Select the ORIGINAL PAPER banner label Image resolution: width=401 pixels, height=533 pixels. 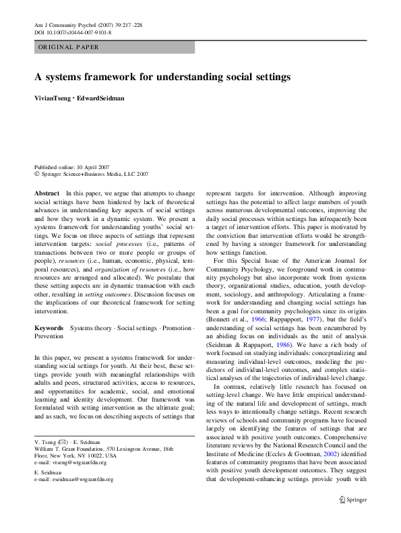point(69,47)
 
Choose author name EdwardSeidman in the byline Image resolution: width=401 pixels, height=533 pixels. point(100,98)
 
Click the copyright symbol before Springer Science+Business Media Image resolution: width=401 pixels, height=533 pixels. point(37,174)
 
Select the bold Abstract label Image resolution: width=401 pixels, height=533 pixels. point(47,193)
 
